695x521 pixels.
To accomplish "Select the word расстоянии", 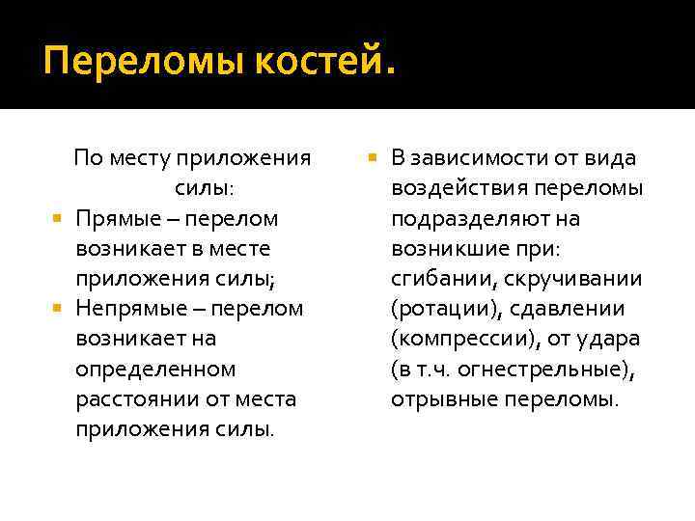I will pos(130,398).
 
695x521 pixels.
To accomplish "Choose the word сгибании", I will pos(437,279).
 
